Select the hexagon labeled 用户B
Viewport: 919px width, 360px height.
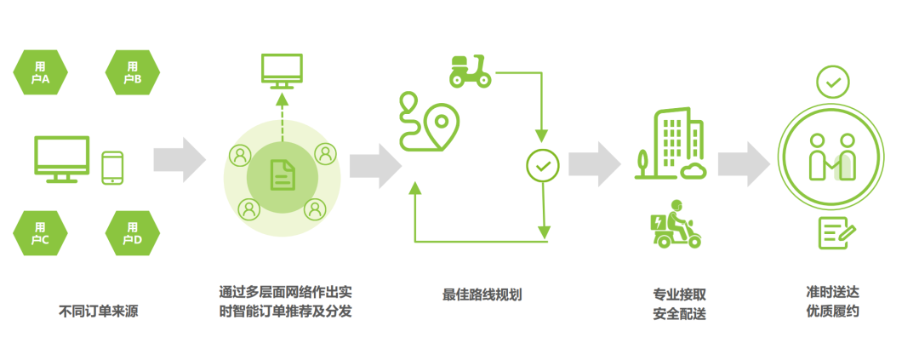[x=132, y=73]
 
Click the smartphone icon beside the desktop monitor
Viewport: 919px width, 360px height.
[x=112, y=168]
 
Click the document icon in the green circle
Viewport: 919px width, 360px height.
[x=281, y=176]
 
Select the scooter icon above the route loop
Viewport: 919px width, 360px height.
[x=470, y=70]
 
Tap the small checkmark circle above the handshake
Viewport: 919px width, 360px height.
[x=832, y=83]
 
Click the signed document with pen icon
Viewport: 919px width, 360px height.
[x=837, y=232]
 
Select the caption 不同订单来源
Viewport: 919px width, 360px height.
[x=98, y=311]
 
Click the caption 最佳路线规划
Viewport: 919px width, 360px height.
[x=482, y=294]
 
